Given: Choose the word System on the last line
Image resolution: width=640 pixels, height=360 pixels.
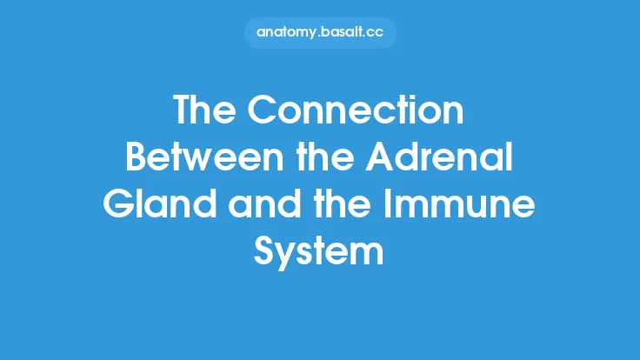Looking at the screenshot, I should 319,252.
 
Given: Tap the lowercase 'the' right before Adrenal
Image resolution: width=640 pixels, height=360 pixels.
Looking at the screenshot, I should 322,160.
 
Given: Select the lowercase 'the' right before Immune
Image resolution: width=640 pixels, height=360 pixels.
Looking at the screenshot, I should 360,206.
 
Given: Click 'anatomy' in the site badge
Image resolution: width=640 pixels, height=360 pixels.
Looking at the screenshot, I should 289,33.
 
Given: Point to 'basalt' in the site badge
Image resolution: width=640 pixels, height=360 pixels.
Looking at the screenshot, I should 344,33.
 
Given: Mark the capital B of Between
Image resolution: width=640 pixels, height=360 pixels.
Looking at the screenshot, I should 138,160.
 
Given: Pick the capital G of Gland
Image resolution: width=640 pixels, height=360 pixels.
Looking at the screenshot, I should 119,206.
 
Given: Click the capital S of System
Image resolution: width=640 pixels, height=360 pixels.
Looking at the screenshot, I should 266,252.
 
